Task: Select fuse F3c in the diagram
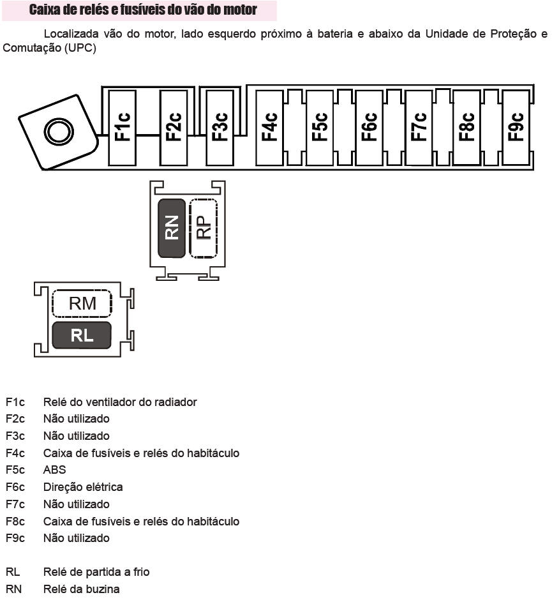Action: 220,127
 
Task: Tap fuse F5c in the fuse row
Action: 320,127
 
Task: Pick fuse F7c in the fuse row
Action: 419,127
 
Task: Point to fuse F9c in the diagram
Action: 516,127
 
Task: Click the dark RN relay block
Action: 172,228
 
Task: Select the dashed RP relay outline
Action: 204,228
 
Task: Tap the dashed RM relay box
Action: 82,304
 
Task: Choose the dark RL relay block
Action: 82,335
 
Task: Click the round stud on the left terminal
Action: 58,132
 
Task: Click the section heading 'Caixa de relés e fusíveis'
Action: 144,10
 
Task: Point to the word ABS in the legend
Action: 54,470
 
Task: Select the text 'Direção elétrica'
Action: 83,487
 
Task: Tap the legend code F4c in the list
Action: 15,453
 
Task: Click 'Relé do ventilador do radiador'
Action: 120,402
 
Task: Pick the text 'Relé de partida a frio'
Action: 96,572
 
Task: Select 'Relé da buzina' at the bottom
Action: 81,589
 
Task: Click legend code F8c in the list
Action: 15,522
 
